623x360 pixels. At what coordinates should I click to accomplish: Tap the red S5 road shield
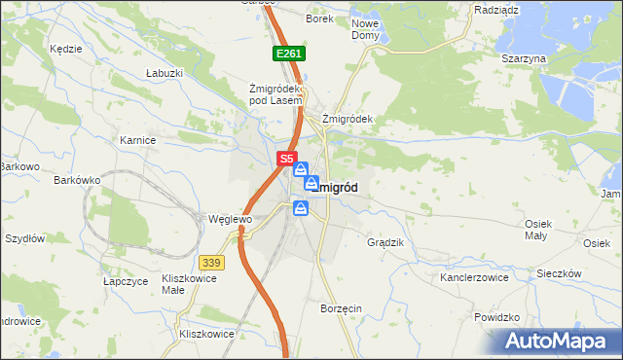click(x=285, y=158)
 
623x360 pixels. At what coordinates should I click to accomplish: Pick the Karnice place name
click(x=138, y=140)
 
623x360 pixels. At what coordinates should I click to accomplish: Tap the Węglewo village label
click(x=231, y=219)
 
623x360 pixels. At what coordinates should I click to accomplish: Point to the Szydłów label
click(x=25, y=237)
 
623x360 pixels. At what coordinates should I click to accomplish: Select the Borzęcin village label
click(x=341, y=308)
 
